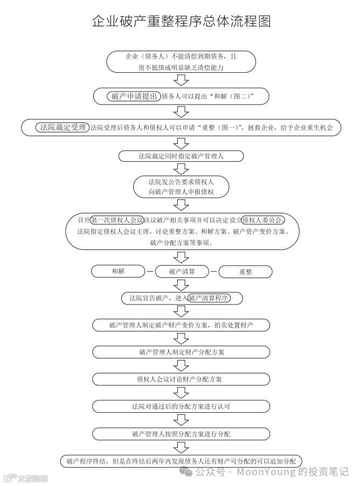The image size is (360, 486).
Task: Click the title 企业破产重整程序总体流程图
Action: (x=181, y=21)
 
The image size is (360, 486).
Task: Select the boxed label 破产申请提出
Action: (x=135, y=96)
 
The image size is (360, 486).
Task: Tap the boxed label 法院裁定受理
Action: (x=63, y=128)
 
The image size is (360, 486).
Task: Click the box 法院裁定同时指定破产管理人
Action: (x=181, y=156)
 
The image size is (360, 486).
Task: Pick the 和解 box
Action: (x=118, y=272)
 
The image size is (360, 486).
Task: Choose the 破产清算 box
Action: (x=182, y=272)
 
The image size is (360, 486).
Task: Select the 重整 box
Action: (x=245, y=272)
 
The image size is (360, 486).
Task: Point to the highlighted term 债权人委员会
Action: (x=262, y=220)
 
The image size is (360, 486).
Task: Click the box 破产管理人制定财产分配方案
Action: (x=181, y=352)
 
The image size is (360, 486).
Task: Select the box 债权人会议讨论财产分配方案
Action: (x=181, y=379)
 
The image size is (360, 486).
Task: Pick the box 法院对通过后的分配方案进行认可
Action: (x=181, y=406)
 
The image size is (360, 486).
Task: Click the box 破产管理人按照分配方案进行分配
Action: (x=181, y=433)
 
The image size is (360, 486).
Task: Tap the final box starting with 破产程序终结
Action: (x=181, y=461)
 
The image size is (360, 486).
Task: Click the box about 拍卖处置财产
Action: (x=181, y=325)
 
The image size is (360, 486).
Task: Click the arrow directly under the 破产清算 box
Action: (x=182, y=285)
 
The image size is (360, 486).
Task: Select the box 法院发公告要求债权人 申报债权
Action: (x=181, y=186)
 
